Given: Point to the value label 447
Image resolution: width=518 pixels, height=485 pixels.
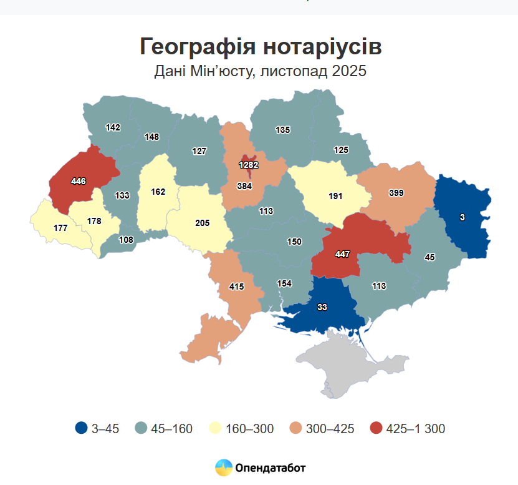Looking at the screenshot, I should [342, 254].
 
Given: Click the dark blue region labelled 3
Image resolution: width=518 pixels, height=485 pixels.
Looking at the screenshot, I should [463, 217].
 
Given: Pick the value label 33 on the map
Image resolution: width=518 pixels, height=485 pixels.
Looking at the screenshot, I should [322, 306].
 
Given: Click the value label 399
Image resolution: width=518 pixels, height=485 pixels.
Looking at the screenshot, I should [396, 193].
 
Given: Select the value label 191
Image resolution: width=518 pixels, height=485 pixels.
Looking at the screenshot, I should [337, 196].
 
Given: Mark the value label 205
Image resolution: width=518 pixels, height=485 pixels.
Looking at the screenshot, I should [203, 223].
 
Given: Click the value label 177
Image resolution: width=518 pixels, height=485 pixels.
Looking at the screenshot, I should [60, 228].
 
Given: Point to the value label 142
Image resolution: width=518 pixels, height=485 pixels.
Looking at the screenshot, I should [113, 127].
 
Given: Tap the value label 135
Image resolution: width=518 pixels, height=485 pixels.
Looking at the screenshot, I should [283, 130].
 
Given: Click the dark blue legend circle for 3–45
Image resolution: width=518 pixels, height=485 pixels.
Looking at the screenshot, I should [81, 428].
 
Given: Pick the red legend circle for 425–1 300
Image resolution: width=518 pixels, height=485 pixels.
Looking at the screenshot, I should [376, 428].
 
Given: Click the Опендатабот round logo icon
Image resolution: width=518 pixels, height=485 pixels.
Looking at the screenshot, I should [224, 467].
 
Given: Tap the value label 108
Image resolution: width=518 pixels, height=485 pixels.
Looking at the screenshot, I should [127, 239].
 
